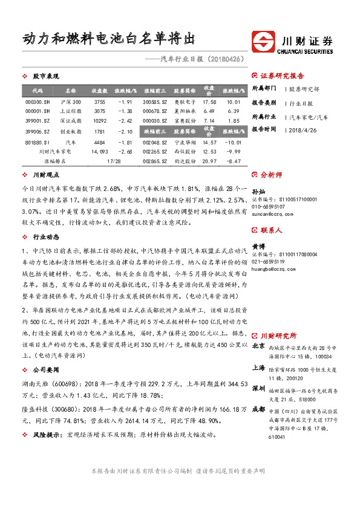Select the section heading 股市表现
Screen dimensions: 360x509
point(45,76)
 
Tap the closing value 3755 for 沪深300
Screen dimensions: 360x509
point(99,102)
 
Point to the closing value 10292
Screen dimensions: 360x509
point(99,122)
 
